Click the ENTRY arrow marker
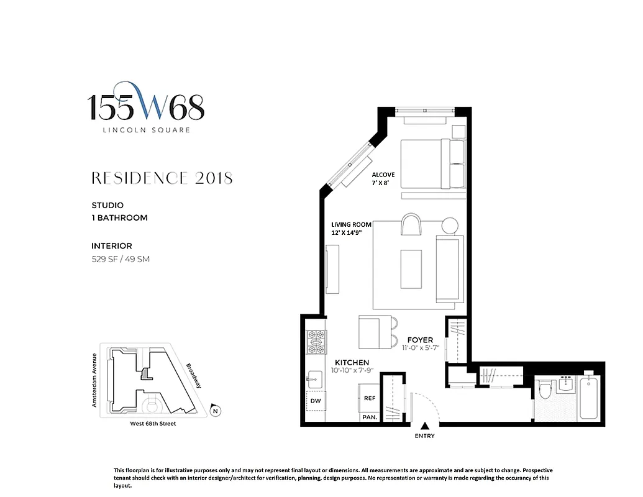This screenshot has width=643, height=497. click(425, 426)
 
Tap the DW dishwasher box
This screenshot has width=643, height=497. click(315, 401)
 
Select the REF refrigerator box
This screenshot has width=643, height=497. click(370, 398)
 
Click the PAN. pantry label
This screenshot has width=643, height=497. click(369, 417)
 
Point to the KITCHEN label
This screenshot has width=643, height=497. click(352, 362)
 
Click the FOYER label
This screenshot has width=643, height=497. click(421, 340)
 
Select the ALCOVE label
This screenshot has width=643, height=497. click(383, 175)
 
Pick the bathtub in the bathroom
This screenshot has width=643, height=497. click(588, 399)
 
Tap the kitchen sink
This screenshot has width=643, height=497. click(314, 378)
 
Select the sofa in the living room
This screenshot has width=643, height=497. click(450, 267)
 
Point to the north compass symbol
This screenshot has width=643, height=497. click(215, 411)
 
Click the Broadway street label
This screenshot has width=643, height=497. click(193, 376)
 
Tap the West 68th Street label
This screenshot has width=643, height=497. click(153, 424)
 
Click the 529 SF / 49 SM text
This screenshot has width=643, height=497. click(121, 259)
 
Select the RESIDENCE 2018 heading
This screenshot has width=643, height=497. click(162, 178)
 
